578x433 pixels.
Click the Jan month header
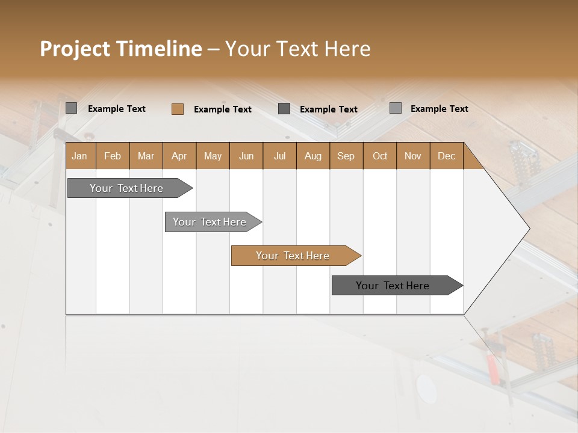point(80,156)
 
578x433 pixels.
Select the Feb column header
point(113,156)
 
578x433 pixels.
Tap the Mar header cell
point(146,156)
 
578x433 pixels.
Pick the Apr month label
point(179,156)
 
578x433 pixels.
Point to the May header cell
point(213,156)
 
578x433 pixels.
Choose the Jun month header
point(246,156)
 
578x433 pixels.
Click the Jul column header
point(279,156)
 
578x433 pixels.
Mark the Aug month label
point(313,156)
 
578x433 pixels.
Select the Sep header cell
point(346,156)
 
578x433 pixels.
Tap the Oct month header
point(380,156)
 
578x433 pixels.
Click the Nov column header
point(413,156)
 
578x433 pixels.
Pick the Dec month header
point(446,156)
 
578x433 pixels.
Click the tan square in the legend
point(178,109)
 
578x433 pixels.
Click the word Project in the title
point(75,49)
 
